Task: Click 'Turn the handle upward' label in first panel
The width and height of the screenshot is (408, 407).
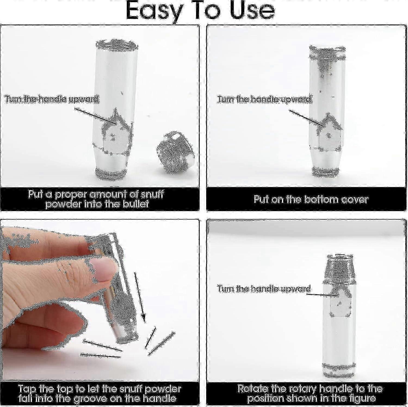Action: pos(52,99)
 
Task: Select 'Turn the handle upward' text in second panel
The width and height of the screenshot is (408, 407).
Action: pos(264,99)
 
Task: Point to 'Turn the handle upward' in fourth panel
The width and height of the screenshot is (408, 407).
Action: pos(264,289)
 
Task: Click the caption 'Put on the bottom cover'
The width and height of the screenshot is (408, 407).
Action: pos(311,199)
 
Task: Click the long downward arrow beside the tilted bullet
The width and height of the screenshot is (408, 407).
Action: pos(139,297)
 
